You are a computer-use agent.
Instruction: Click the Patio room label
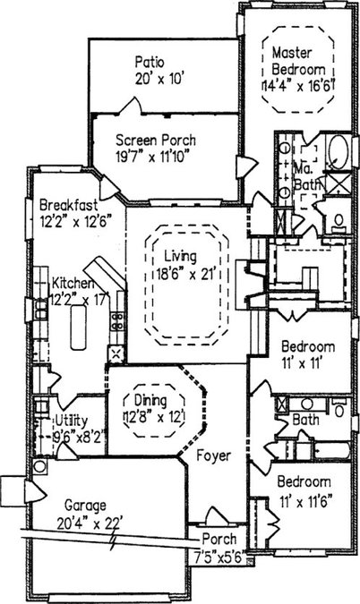click(150, 62)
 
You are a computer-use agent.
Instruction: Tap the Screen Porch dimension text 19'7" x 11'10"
click(153, 157)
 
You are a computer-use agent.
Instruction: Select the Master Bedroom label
click(299, 61)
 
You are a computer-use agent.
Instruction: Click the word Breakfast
click(69, 205)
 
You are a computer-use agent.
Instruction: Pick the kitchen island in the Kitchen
click(78, 327)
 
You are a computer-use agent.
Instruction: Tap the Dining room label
click(150, 400)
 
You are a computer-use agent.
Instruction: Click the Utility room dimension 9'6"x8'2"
click(79, 437)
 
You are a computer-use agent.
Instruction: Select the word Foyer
click(213, 455)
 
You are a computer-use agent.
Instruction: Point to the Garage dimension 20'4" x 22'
click(90, 523)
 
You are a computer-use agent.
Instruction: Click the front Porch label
click(219, 539)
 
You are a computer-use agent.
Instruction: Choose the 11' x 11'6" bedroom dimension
click(306, 501)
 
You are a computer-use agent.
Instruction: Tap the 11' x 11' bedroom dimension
click(302, 363)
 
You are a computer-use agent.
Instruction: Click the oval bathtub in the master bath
click(339, 152)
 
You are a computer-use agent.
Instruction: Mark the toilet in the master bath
click(339, 222)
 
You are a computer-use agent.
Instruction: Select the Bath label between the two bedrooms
click(305, 420)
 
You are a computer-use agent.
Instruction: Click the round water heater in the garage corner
click(39, 466)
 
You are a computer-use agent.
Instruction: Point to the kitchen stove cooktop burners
click(117, 321)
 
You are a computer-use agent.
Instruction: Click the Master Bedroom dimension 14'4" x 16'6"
click(298, 86)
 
